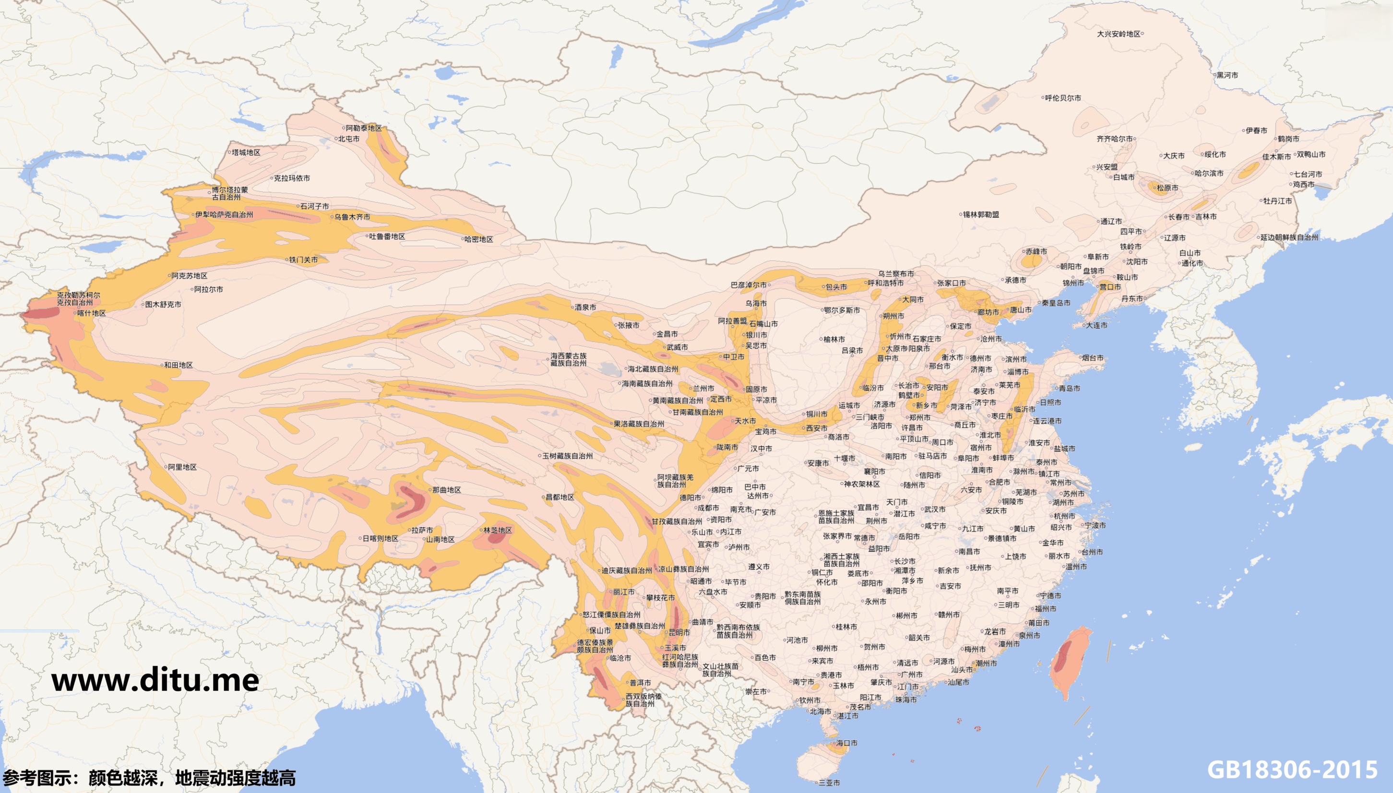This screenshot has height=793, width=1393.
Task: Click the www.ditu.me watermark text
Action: (155, 680)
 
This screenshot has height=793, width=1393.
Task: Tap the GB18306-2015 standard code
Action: (1292, 769)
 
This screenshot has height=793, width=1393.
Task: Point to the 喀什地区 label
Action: (91, 313)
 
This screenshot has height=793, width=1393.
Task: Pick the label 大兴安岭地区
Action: (1119, 34)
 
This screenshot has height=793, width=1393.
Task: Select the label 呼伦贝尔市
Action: (1063, 98)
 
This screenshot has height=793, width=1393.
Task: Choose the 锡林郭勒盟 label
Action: (981, 214)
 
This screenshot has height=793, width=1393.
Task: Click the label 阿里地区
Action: (182, 467)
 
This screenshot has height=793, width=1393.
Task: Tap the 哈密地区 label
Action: (478, 239)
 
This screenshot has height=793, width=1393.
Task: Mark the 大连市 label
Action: (1096, 325)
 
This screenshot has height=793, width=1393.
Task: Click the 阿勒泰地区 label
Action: (363, 128)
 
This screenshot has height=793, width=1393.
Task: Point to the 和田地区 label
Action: (178, 365)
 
